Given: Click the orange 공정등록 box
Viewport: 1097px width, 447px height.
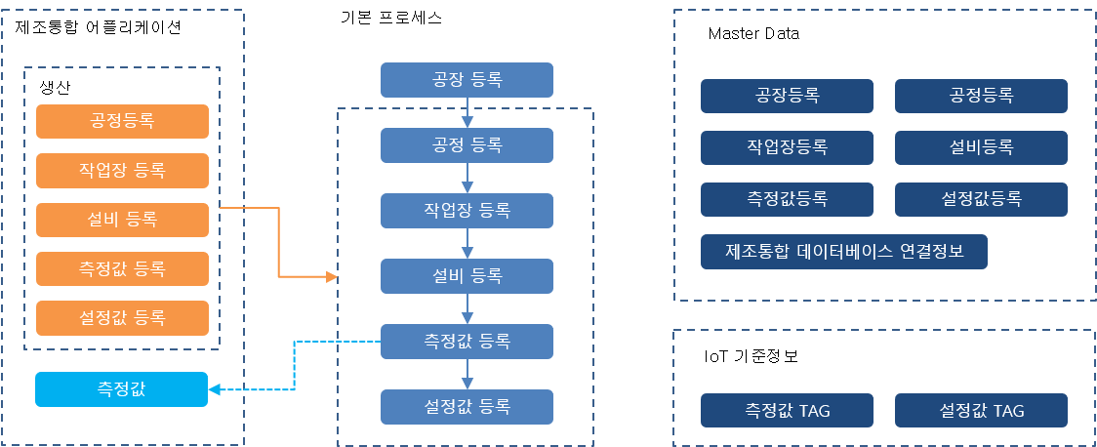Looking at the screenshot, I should [x=122, y=121].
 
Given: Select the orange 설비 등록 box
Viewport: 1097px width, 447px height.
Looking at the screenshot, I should [x=122, y=220].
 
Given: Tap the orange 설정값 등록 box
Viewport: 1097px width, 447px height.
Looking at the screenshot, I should [x=122, y=318].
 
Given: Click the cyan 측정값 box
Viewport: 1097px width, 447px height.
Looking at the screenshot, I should [x=122, y=389].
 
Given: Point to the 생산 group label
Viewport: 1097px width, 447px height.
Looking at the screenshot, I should [x=56, y=87].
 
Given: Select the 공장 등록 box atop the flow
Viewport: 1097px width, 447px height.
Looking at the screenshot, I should [x=467, y=80].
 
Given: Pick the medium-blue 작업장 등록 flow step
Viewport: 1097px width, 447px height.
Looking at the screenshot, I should [x=467, y=211].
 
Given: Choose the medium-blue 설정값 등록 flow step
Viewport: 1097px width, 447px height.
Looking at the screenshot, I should [x=467, y=406].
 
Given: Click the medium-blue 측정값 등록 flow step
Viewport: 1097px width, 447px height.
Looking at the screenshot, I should [x=467, y=342].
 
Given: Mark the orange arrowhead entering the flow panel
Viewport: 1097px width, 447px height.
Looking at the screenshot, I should [x=331, y=277].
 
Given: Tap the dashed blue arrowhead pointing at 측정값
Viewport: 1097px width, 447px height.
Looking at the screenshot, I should [x=216, y=390].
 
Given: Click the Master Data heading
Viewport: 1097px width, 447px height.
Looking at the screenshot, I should [x=753, y=34].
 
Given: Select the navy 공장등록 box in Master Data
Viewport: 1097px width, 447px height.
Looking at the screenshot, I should [x=787, y=96].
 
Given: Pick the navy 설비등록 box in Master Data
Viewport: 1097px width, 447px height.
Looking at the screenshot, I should [x=981, y=147].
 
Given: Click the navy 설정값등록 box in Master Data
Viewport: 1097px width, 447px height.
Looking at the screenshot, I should [x=981, y=199].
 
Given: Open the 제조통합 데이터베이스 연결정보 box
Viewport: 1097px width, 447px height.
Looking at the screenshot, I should [x=844, y=251].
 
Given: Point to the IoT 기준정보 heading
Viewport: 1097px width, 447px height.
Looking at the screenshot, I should [x=751, y=356].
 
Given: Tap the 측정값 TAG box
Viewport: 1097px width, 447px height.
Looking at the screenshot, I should [x=787, y=411].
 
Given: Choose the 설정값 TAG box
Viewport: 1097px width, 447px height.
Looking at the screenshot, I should [x=981, y=411].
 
